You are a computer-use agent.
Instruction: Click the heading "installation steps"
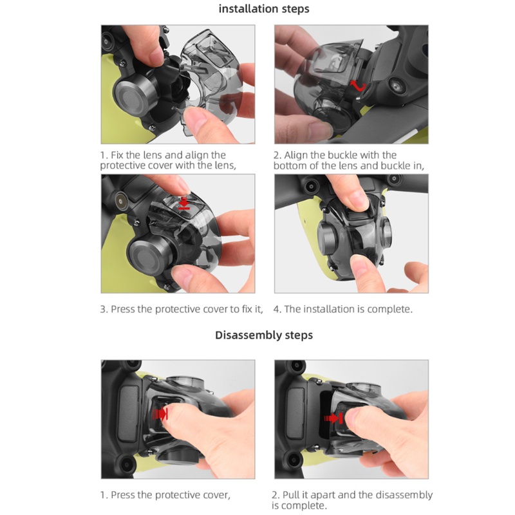coord(264,9)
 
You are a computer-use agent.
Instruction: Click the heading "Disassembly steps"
coord(264,335)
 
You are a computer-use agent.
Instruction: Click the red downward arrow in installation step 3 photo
coord(184,203)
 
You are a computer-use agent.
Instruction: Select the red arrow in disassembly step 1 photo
coord(160,414)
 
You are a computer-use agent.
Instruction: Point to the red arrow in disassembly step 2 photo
coord(333,418)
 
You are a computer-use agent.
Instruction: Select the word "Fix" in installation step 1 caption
coord(117,155)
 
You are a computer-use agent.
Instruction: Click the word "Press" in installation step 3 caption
coord(123,309)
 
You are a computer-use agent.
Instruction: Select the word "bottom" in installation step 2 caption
coord(289,165)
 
